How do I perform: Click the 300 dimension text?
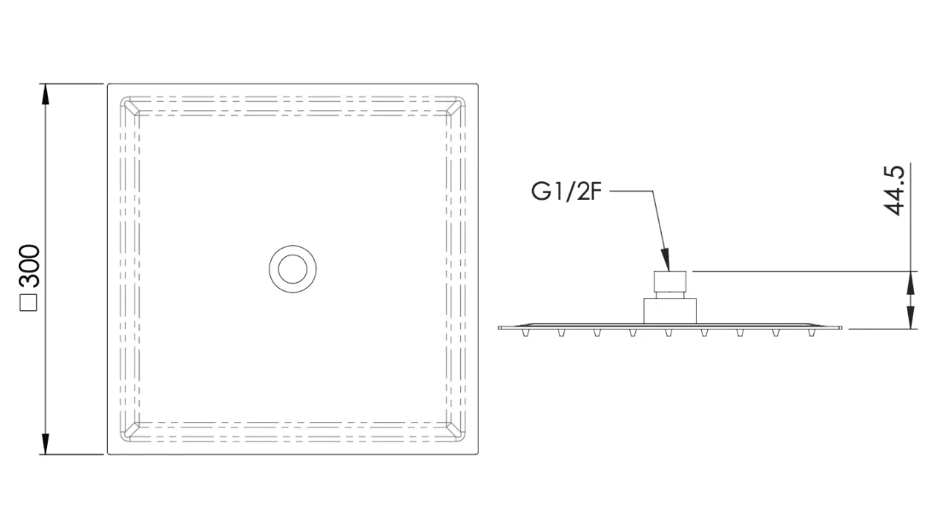coord(29,266)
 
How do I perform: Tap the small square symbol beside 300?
coord(29,302)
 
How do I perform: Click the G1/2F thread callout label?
coord(565,191)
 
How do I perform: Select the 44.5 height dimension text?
coord(894,190)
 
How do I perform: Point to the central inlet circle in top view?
coord(292,246)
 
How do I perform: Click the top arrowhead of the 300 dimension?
coord(45,94)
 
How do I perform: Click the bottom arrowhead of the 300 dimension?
coord(45,444)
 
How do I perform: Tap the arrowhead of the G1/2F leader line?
coord(666,261)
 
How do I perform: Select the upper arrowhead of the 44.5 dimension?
coord(910,281)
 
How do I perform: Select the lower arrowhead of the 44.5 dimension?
coord(910,319)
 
